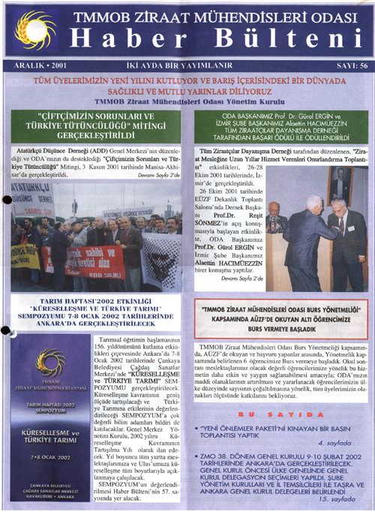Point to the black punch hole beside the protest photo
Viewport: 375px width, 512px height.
pyautogui.click(x=7, y=200)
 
